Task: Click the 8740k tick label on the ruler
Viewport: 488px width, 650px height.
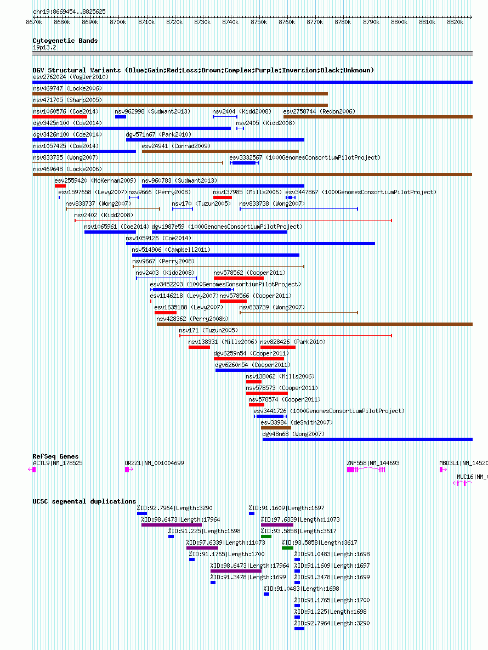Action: [x=230, y=22]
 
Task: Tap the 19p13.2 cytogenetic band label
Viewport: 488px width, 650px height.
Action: [x=44, y=47]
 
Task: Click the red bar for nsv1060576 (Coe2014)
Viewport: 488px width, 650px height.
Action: [x=60, y=117]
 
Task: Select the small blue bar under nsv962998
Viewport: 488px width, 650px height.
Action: [x=121, y=117]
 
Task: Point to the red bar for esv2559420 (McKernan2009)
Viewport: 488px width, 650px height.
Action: [x=60, y=186]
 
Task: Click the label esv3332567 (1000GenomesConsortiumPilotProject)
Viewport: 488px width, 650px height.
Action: [x=305, y=157]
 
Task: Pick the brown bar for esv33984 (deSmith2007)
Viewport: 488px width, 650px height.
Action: [x=276, y=428]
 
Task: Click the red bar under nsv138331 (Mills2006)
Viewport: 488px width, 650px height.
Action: [x=199, y=347]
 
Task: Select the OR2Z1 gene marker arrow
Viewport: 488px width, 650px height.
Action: [x=129, y=469]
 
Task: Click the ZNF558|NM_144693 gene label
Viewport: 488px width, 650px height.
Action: [x=373, y=463]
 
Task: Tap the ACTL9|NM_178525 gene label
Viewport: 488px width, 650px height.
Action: [x=58, y=463]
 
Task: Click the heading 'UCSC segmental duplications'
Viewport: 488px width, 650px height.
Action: [x=84, y=501]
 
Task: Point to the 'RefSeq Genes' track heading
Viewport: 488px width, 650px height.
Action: [x=55, y=456]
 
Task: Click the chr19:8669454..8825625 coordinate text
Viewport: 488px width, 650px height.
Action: [x=69, y=12]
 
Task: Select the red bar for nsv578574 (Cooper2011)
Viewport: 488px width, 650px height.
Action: [x=257, y=405]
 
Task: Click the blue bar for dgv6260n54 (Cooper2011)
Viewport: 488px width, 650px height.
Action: [x=251, y=370]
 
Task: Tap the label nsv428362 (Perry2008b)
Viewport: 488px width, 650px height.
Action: [x=192, y=319]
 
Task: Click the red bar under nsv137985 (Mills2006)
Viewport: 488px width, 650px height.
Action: [x=223, y=197]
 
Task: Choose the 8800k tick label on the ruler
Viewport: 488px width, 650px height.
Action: [x=399, y=22]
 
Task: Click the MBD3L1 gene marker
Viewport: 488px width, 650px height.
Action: [x=443, y=469]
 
